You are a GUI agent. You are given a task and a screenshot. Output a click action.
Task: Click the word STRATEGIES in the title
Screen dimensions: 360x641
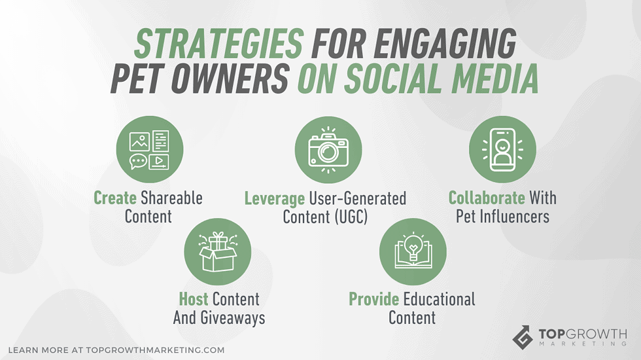[x=218, y=44]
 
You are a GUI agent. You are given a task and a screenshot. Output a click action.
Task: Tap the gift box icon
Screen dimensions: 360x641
[x=217, y=252]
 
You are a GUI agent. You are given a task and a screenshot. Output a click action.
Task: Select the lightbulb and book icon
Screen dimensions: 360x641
[x=412, y=252]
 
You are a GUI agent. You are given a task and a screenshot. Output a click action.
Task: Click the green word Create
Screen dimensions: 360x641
[x=114, y=198]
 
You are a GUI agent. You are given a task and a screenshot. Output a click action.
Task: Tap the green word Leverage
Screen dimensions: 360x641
[x=275, y=198]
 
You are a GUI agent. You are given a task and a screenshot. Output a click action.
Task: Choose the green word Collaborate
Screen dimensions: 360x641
[x=487, y=198]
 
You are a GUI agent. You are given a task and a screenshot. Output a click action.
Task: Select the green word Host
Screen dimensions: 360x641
[x=194, y=299]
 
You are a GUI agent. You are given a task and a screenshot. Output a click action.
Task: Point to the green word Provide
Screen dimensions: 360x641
[x=373, y=299]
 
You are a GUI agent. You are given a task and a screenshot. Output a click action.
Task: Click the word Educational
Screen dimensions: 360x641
[x=439, y=299]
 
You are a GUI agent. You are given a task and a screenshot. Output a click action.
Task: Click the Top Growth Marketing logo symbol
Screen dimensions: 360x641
[x=523, y=337]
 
